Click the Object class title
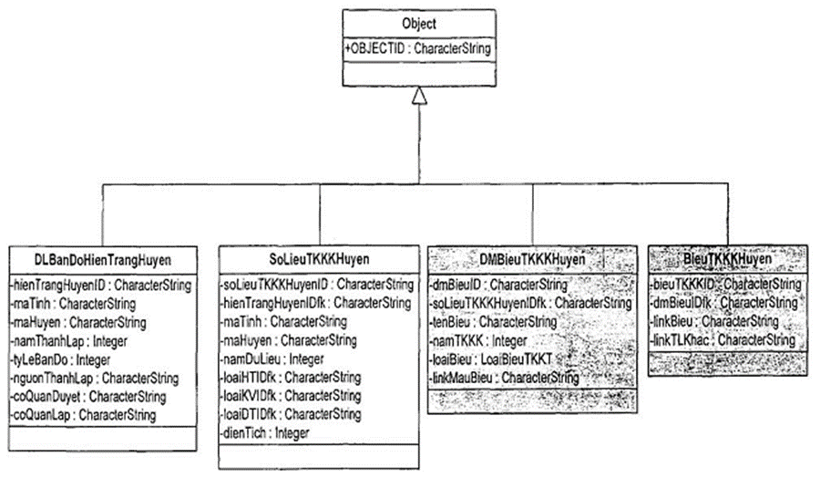(418, 24)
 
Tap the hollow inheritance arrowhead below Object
(418, 94)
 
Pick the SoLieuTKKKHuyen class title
(319, 258)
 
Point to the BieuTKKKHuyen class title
(726, 259)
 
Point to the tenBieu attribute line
(493, 322)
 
